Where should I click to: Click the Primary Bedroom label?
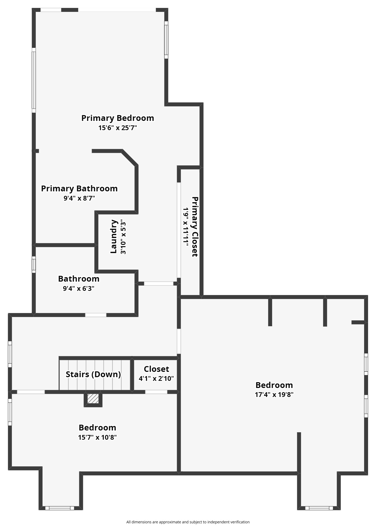pyautogui.click(x=118, y=118)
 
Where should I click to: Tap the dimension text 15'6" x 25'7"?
pyautogui.click(x=118, y=128)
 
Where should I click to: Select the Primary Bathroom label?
pyautogui.click(x=79, y=188)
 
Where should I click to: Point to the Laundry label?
pyautogui.click(x=114, y=236)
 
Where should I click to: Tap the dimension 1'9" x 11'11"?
pyautogui.click(x=186, y=227)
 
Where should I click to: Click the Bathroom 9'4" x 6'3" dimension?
pyautogui.click(x=78, y=288)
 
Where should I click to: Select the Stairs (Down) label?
pyautogui.click(x=93, y=374)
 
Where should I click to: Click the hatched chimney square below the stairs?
pyautogui.click(x=93, y=399)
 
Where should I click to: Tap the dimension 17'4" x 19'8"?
pyautogui.click(x=274, y=395)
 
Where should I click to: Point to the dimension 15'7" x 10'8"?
pyautogui.click(x=97, y=437)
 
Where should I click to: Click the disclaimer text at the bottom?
pyautogui.click(x=188, y=522)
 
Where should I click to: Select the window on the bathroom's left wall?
pyautogui.click(x=34, y=264)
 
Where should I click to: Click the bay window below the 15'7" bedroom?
pyautogui.click(x=60, y=508)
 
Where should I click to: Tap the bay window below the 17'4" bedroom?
pyautogui.click(x=319, y=508)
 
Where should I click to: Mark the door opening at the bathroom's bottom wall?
pyautogui.click(x=96, y=315)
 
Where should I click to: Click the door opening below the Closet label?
pyautogui.click(x=156, y=392)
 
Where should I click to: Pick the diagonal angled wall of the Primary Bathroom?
pyautogui.click(x=130, y=158)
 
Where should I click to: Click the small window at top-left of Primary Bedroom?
pyautogui.click(x=51, y=10)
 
